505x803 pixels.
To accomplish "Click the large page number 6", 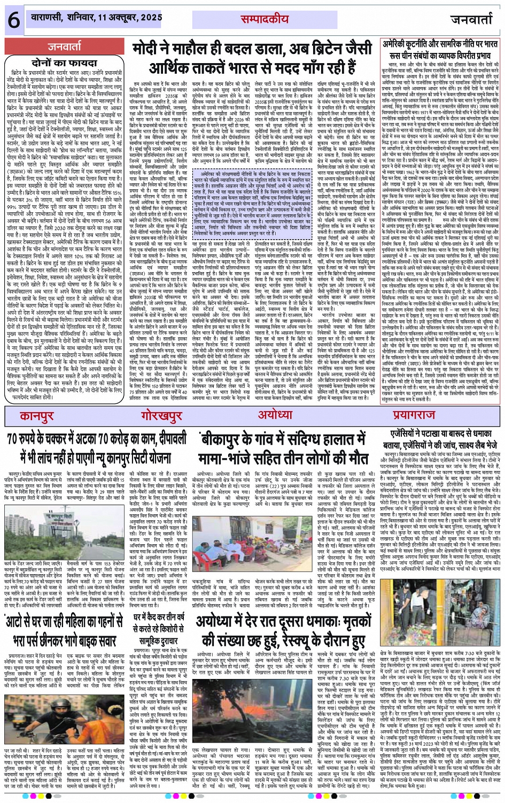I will point(12,20).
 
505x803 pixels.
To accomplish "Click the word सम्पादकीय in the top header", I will point(260,18).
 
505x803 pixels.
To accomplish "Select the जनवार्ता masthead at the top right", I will point(471,20).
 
